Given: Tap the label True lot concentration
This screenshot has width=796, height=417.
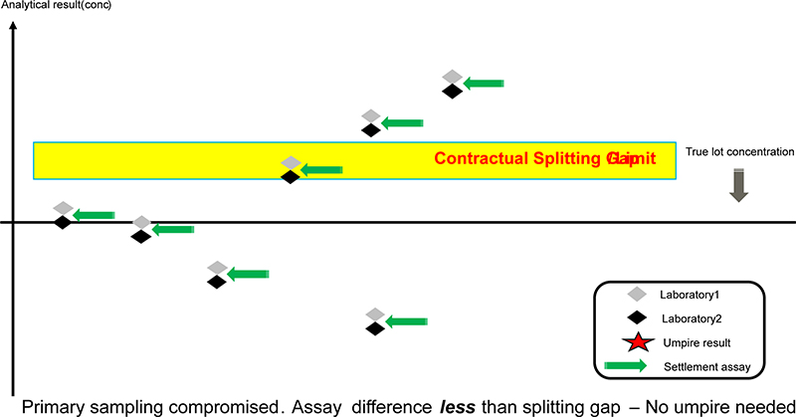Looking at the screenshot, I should pyautogui.click(x=739, y=152).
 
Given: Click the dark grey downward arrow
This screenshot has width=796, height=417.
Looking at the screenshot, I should pyautogui.click(x=738, y=186).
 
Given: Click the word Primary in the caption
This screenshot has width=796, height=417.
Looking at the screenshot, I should pyautogui.click(x=54, y=406).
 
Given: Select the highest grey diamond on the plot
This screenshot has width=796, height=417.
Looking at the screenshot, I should pyautogui.click(x=452, y=77).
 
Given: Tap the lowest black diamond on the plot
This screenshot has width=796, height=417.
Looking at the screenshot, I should pyautogui.click(x=374, y=327).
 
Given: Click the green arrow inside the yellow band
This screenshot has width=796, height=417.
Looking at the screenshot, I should pyautogui.click(x=319, y=170).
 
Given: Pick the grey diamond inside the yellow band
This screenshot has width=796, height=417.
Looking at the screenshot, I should pyautogui.click(x=290, y=162).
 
